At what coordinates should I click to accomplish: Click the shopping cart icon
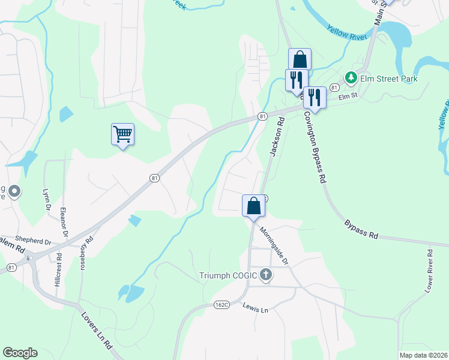coord(122,133)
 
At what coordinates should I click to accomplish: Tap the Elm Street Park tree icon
coord(351,78)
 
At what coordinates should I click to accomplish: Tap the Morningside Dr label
coord(274,245)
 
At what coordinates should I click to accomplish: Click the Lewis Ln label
coord(255,308)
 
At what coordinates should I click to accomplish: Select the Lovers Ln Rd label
coord(97,331)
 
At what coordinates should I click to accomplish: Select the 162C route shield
coord(221,305)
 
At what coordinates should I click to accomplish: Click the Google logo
coord(20,353)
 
